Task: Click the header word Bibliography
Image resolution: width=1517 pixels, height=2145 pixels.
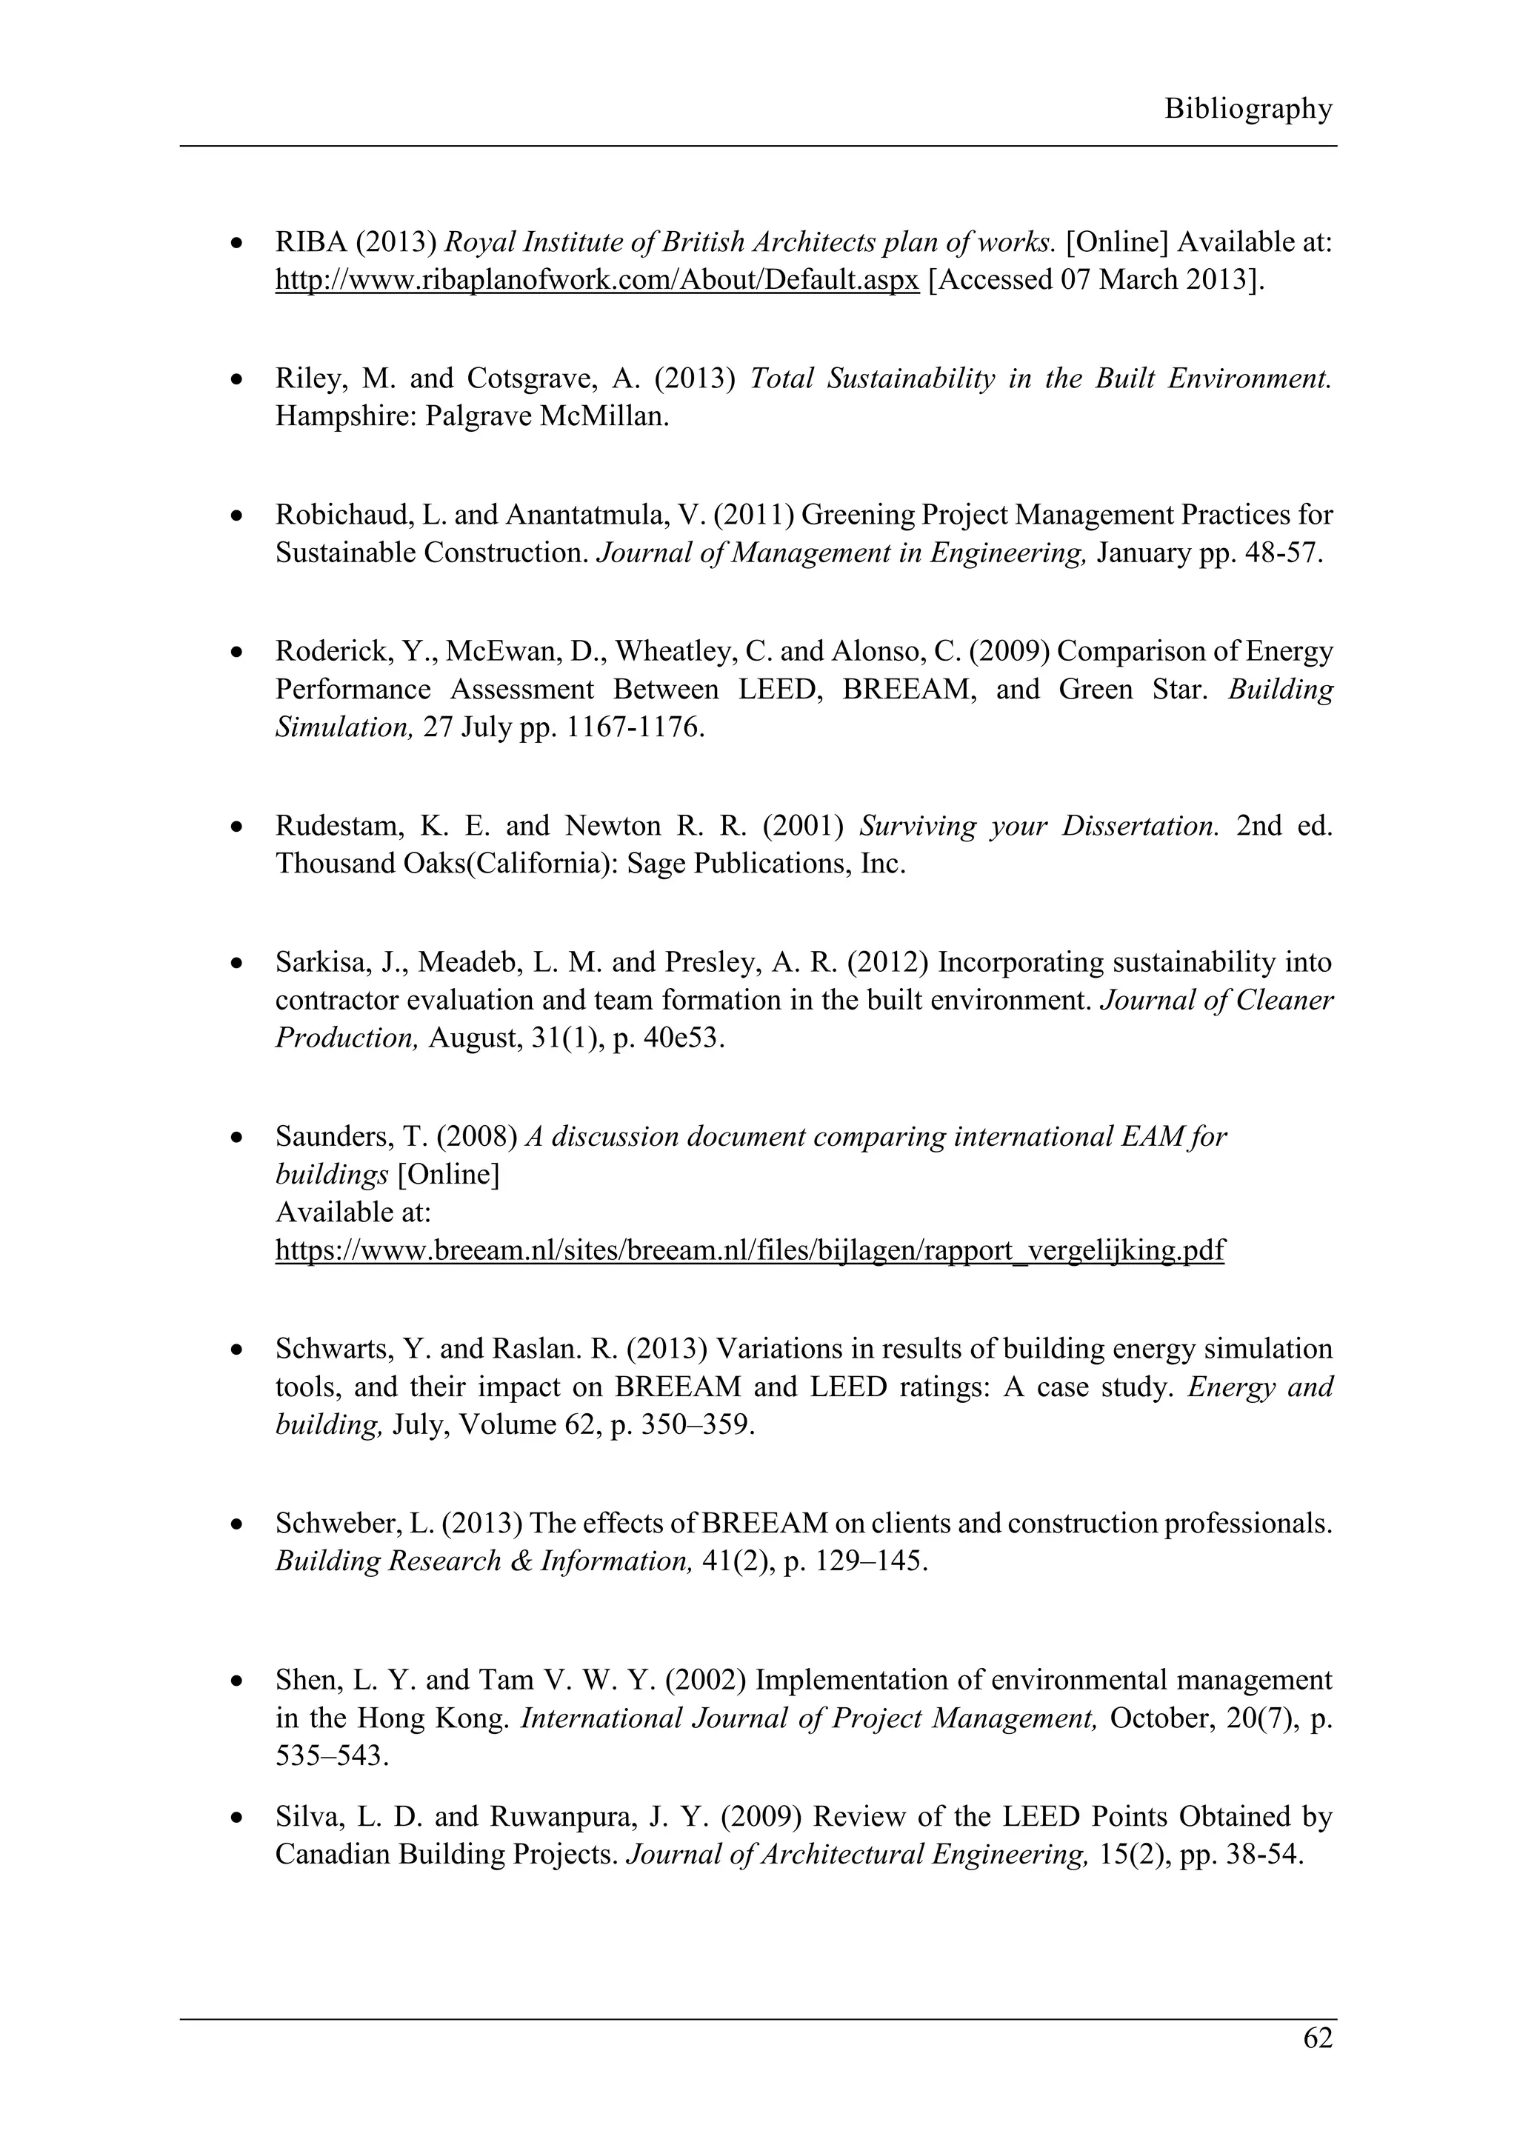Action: click(x=1247, y=110)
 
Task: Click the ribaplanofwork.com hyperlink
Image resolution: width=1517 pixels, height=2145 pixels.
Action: click(x=597, y=280)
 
